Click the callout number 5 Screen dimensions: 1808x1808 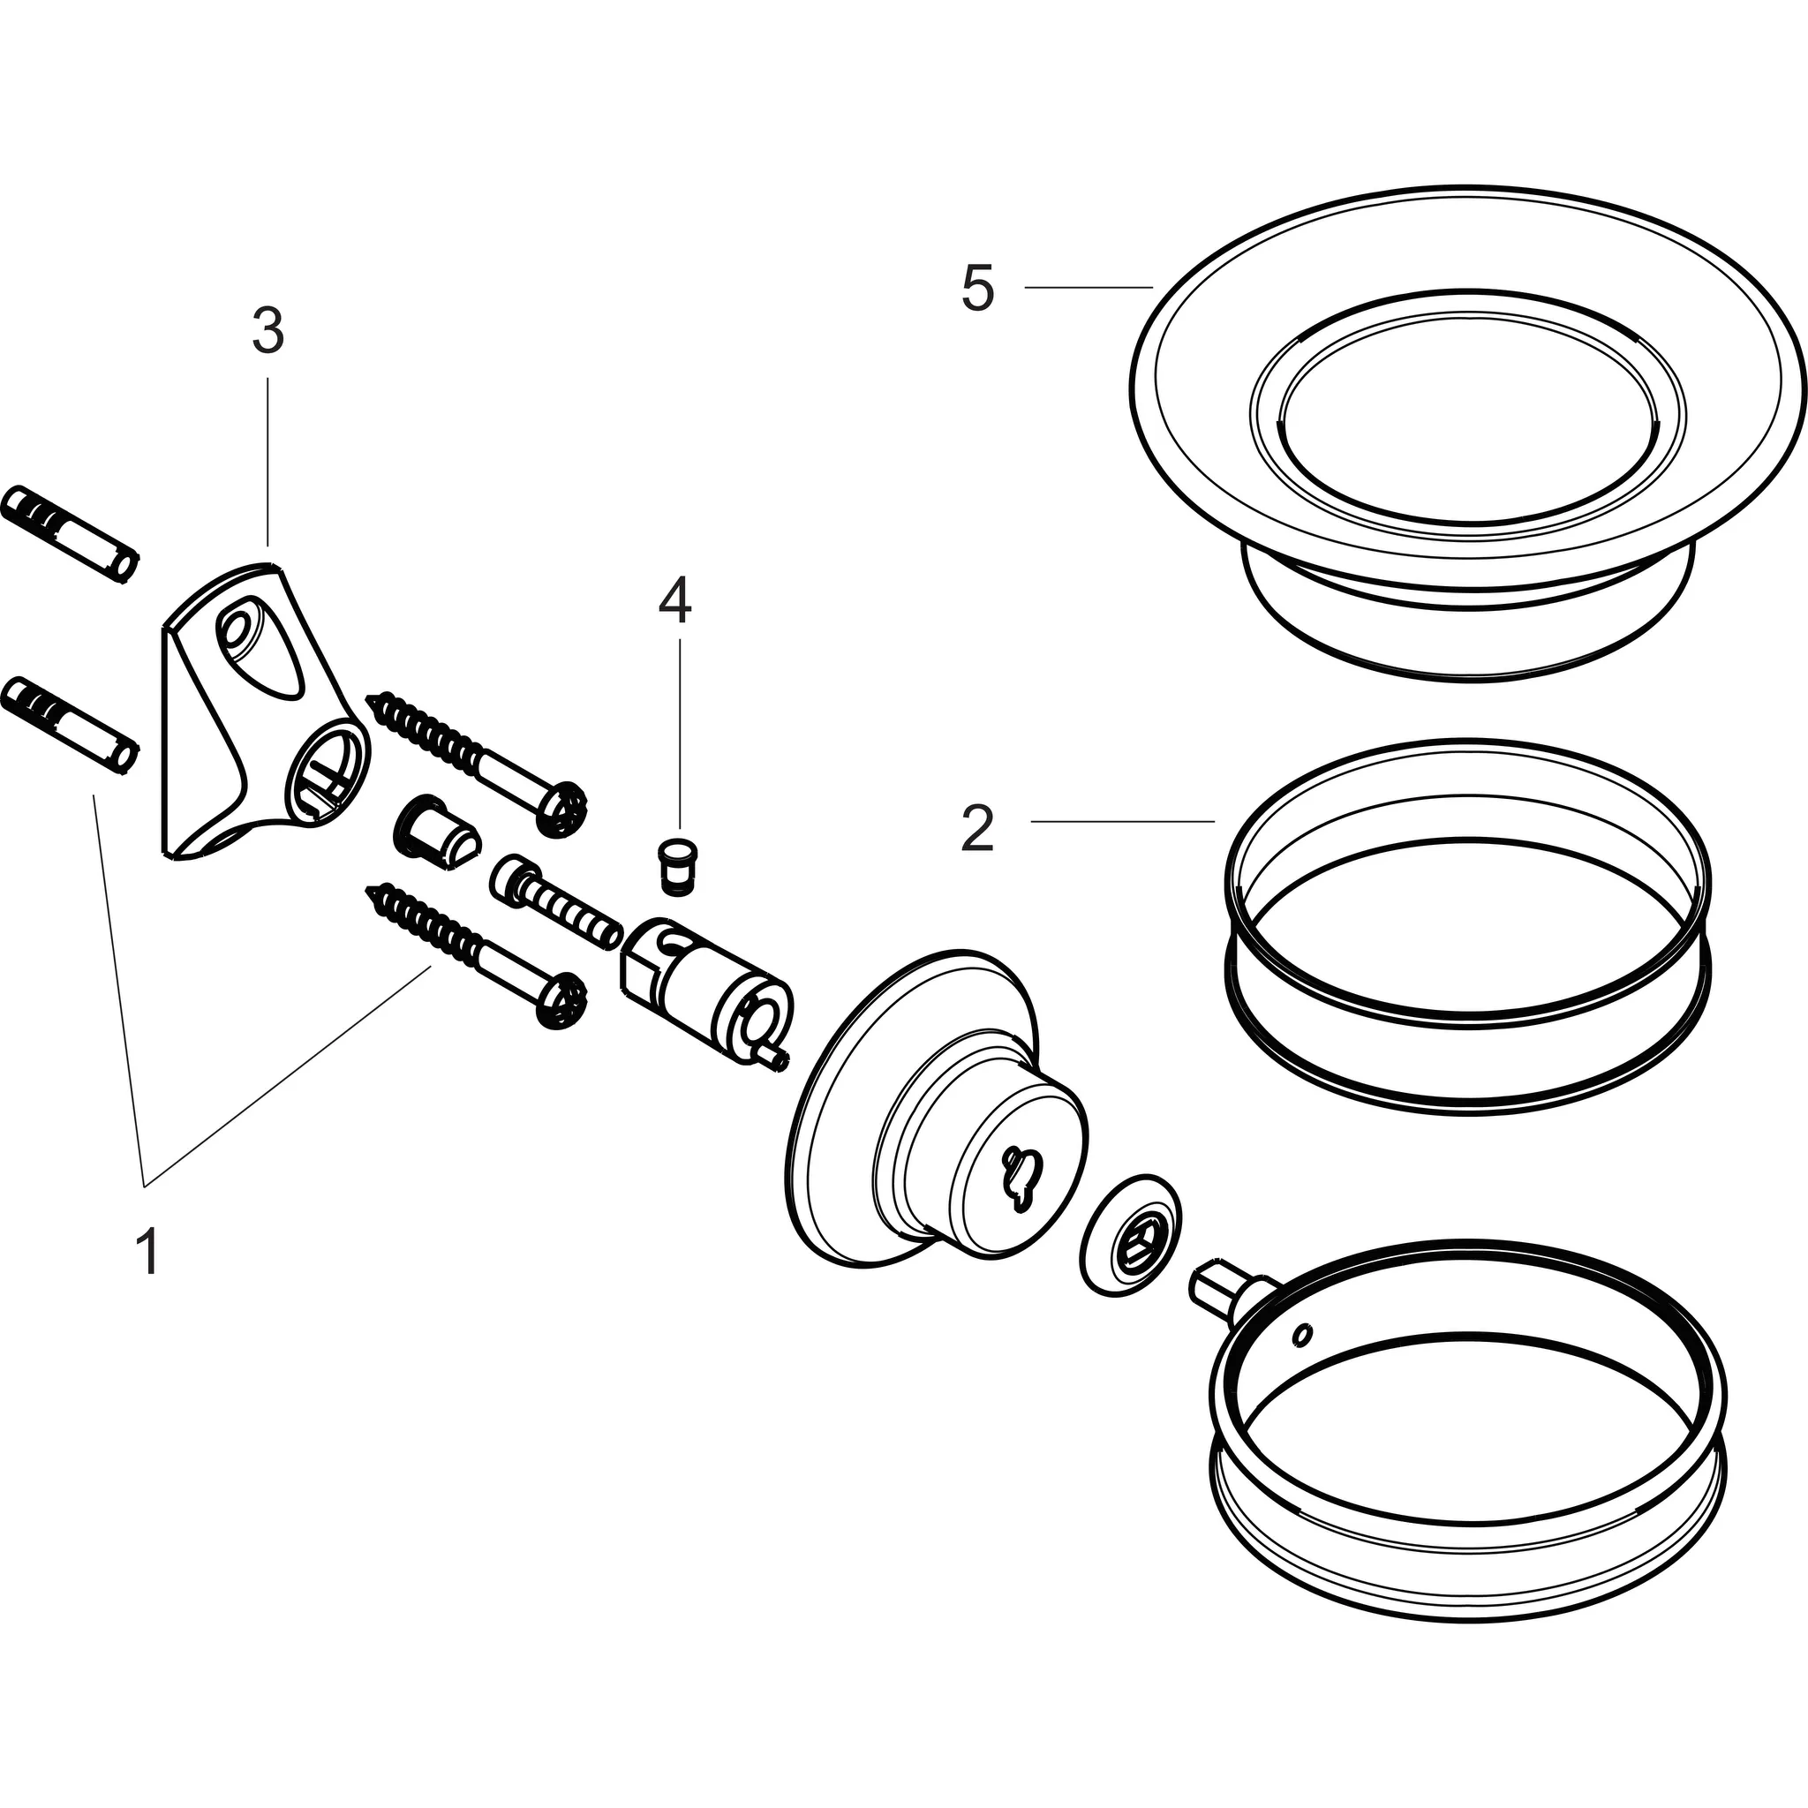point(977,290)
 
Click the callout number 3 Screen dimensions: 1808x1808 point(267,331)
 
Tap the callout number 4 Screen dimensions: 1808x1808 point(674,601)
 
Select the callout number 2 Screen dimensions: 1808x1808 point(977,829)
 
